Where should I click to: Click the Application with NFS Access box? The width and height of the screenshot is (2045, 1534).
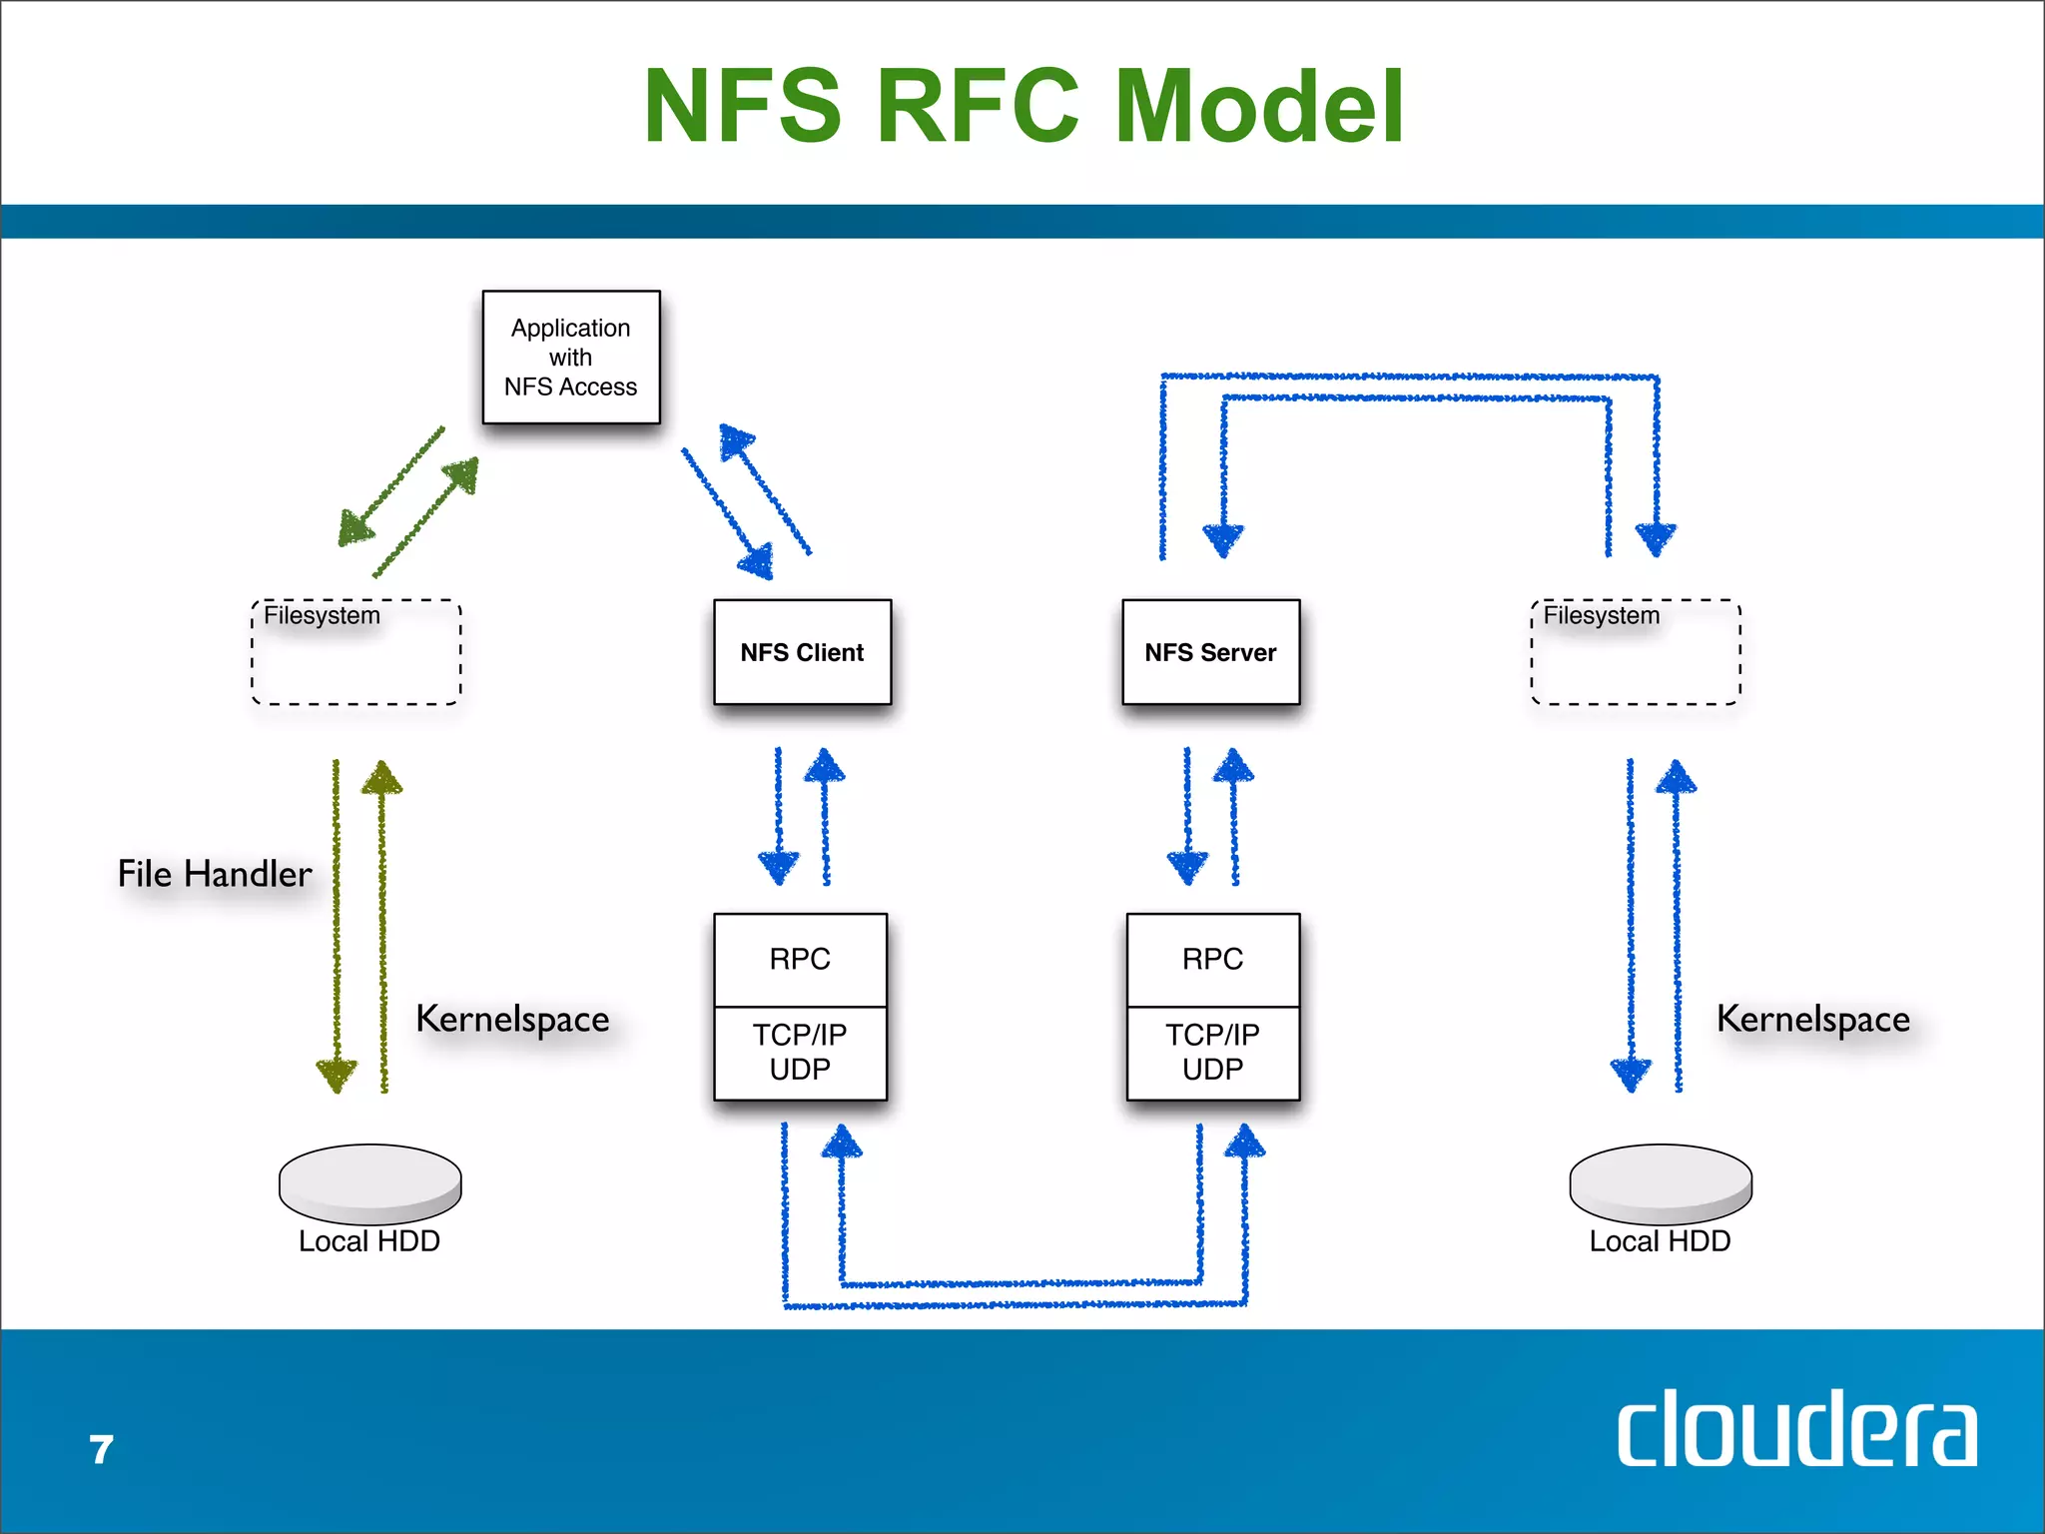coord(570,357)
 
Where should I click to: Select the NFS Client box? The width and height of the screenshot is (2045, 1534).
coord(802,652)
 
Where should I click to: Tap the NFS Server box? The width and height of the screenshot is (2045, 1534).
coord(1210,652)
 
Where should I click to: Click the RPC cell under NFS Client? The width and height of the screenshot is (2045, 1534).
coord(800,959)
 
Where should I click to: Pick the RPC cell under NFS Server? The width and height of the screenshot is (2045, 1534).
coord(1212,959)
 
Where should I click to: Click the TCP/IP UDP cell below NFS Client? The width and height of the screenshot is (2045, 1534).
coord(800,1053)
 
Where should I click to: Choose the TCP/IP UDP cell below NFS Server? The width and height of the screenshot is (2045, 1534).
coord(1212,1053)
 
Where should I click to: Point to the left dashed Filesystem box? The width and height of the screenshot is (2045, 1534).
coord(355,653)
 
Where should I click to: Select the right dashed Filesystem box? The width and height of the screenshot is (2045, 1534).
coord(1636,653)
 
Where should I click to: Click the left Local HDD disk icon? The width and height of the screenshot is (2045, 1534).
coord(369,1183)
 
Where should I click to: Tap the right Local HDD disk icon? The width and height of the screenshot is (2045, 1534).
coord(1661,1183)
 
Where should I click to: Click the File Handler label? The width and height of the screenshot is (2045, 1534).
coord(215,874)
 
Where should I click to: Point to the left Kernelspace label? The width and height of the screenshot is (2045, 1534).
coord(512,1020)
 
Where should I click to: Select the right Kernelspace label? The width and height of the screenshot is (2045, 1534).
coord(1812,1020)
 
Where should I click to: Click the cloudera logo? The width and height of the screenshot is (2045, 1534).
coord(1796,1429)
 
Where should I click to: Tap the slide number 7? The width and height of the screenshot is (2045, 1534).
coord(101,1450)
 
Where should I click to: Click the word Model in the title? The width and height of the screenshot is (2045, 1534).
coord(1259,106)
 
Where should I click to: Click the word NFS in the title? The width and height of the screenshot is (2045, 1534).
coord(743,106)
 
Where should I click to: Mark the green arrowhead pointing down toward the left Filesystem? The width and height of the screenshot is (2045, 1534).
coord(354,527)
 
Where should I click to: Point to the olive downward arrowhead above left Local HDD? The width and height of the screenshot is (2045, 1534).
coord(337,1075)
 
